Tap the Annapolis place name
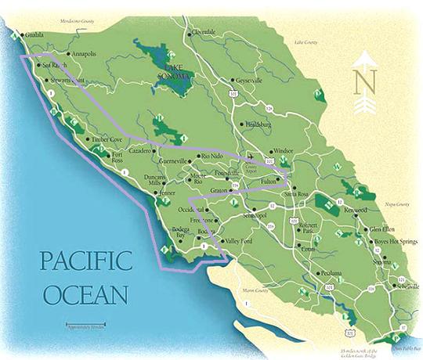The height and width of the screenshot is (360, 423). pos(82,55)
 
